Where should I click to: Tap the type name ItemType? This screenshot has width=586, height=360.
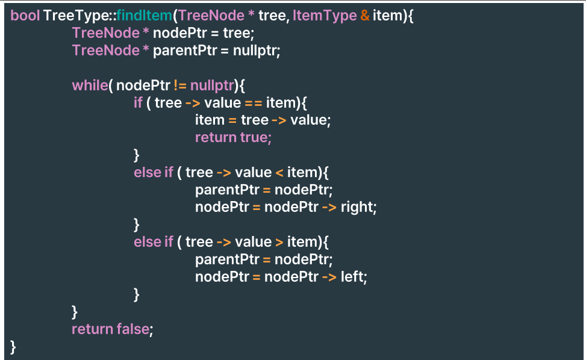(x=324, y=16)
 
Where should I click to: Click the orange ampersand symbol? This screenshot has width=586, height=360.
(x=365, y=16)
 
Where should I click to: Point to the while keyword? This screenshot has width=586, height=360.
(x=90, y=85)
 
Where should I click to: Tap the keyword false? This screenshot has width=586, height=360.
(x=134, y=329)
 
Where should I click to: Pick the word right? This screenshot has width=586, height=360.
(x=358, y=207)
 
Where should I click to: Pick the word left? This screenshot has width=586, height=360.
(x=354, y=277)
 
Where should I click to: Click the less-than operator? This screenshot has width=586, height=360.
(x=279, y=172)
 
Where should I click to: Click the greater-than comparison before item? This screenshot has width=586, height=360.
(x=279, y=242)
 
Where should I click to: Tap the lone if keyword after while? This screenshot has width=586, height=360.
(x=138, y=102)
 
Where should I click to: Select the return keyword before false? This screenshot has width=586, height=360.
(x=92, y=329)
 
